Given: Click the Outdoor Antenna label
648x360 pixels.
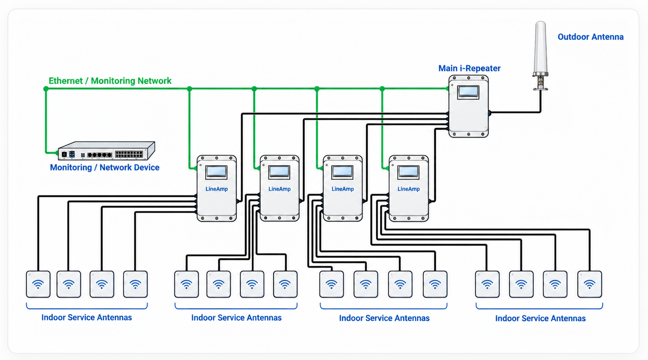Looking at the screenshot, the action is pos(590,37).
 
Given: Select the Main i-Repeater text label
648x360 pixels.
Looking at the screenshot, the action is pos(469,68).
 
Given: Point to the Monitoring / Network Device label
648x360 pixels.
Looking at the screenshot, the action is pos(104,167).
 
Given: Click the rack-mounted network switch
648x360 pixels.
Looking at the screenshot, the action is pos(106,151).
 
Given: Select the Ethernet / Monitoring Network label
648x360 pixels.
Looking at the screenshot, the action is pos(110,81).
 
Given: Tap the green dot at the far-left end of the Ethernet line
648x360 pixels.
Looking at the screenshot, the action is pos(46,89).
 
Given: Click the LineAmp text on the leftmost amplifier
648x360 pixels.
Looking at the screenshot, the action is pos(217,189).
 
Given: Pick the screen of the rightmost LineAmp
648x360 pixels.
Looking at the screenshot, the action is pos(408,172).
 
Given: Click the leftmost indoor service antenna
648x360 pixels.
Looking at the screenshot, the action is pos(38,284).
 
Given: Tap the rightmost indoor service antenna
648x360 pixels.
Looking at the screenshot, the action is pos(589,284).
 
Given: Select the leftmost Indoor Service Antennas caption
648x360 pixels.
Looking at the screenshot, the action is pos(87,318).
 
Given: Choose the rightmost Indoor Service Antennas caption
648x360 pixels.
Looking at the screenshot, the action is pos(541,318).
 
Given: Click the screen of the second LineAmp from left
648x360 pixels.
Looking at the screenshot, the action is pos(279,172).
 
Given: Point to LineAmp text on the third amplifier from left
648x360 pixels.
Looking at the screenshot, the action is pos(343,189).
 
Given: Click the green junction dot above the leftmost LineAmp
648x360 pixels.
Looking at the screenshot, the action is pos(189,89).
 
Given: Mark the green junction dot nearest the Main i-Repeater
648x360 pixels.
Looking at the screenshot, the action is pos(382,89).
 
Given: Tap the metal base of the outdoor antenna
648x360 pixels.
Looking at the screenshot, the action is pos(541,82).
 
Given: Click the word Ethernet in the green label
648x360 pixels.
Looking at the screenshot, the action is pos(65,81).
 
